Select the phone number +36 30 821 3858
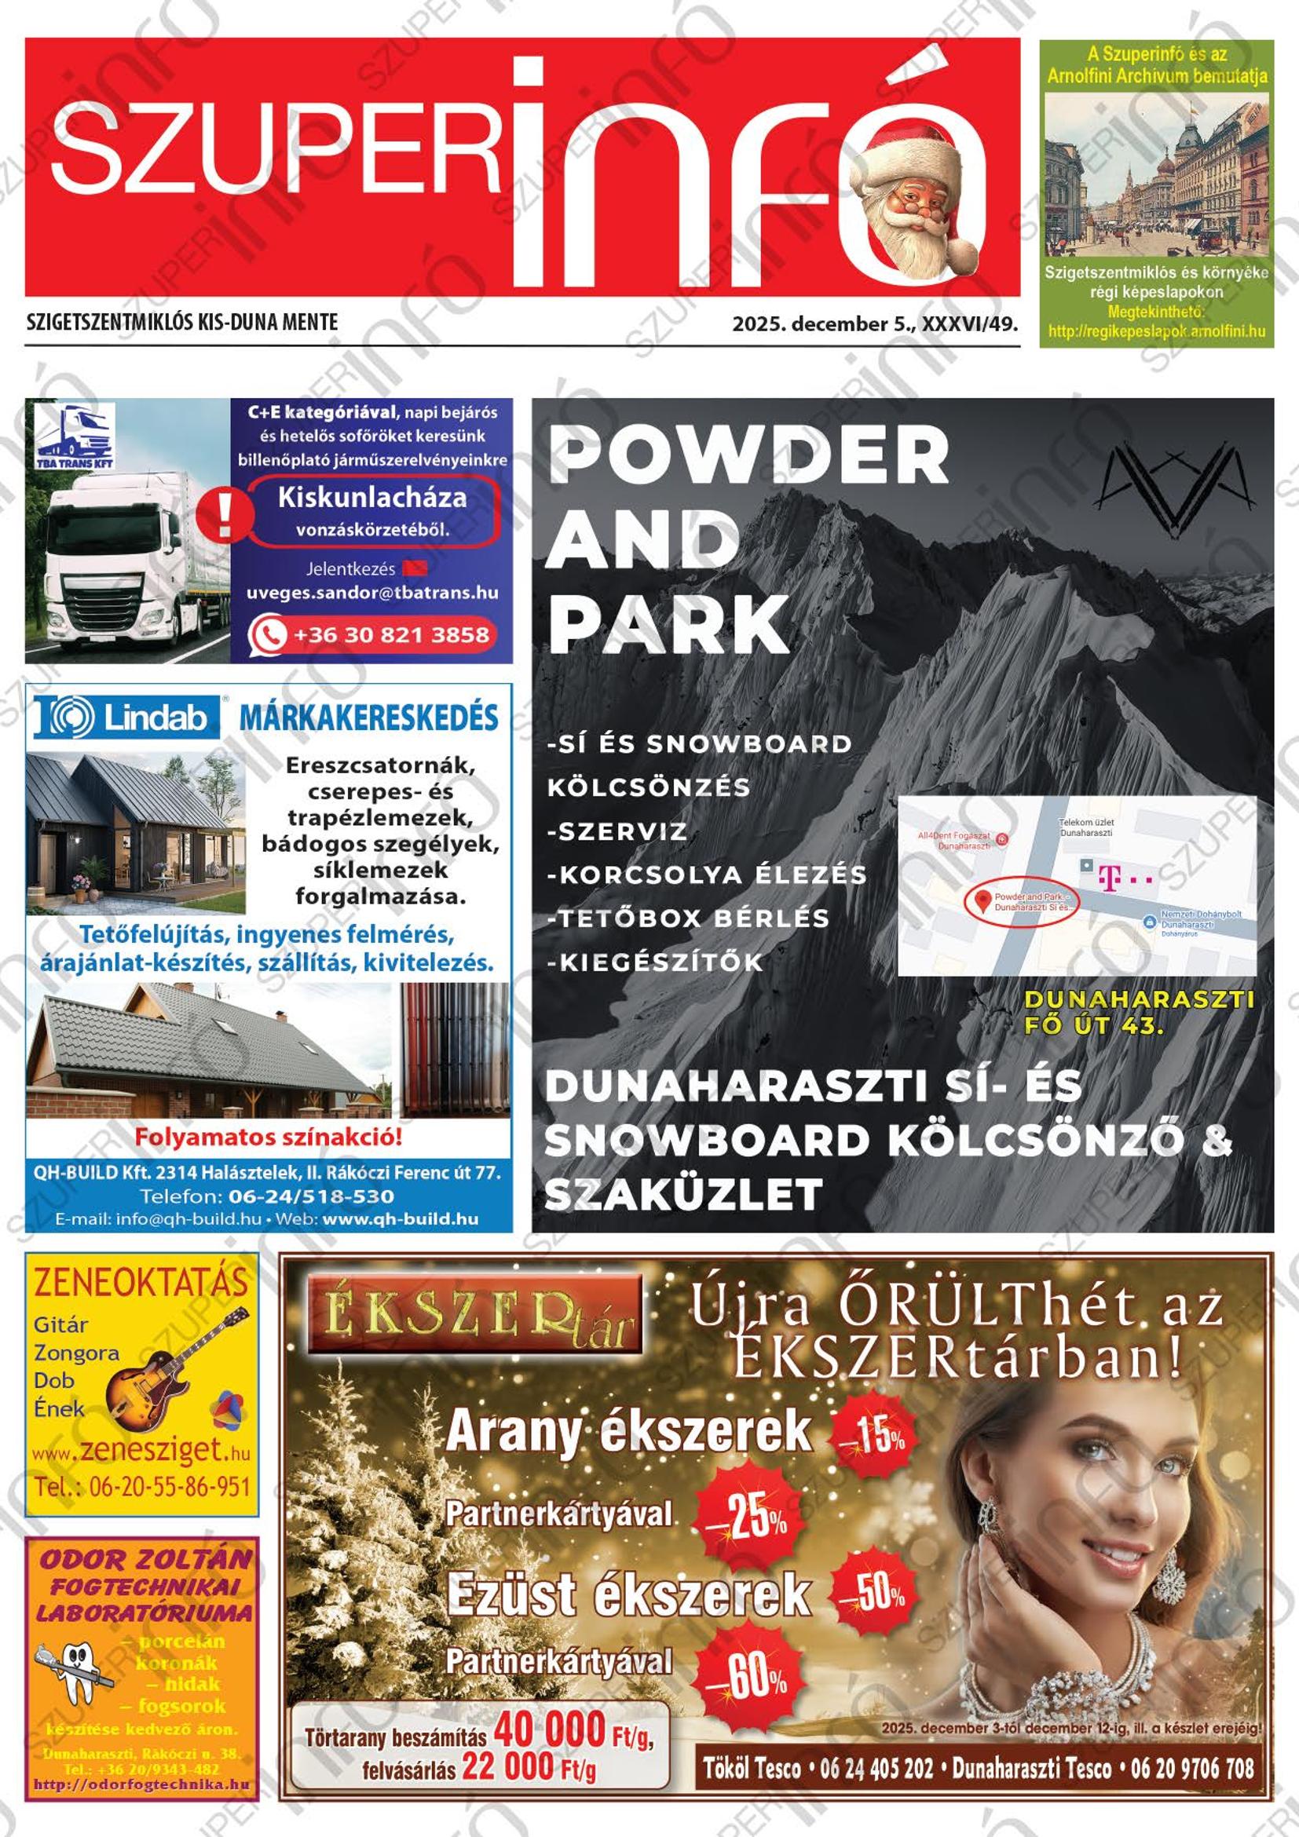tap(390, 634)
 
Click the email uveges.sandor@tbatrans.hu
tap(372, 593)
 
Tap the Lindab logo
tap(126, 716)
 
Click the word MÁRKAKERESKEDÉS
tap(369, 718)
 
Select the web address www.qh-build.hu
tap(401, 1219)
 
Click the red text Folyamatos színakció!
tap(268, 1137)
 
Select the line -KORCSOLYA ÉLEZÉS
tap(706, 875)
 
